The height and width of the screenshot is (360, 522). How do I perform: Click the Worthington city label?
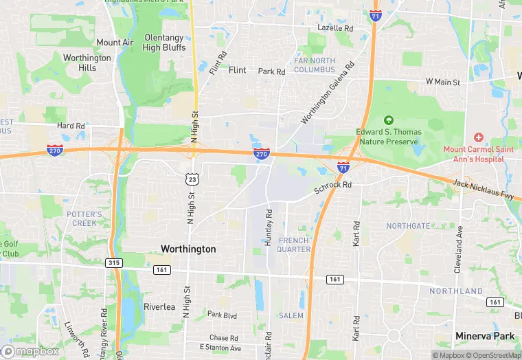[x=188, y=249]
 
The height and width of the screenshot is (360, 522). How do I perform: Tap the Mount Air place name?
[x=115, y=43]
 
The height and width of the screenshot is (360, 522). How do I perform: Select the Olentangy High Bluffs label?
[x=164, y=43]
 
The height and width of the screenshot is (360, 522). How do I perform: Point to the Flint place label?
[x=237, y=70]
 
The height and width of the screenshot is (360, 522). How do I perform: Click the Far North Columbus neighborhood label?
[x=315, y=65]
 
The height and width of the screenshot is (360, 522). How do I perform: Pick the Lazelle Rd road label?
[x=335, y=29]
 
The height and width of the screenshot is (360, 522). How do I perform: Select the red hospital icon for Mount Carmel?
[x=479, y=137]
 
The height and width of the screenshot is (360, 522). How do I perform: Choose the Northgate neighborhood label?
[x=408, y=225]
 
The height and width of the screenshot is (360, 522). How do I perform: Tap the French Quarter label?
[x=295, y=245]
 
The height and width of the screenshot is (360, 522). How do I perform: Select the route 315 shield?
[x=114, y=262]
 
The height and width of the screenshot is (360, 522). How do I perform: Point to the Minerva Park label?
[x=485, y=336]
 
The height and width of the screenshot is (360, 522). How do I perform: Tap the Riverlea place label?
[x=160, y=306]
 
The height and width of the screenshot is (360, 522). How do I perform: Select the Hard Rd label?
[x=71, y=126]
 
